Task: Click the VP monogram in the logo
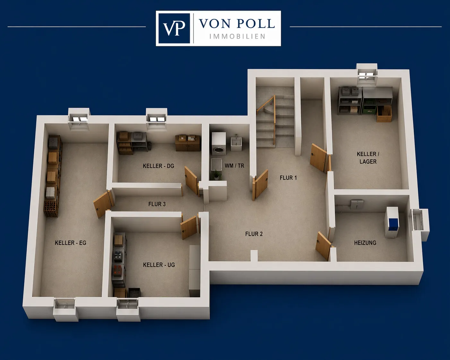pyautogui.click(x=174, y=28)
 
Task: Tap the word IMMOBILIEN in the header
pyautogui.click(x=237, y=37)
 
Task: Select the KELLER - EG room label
pyautogui.click(x=71, y=243)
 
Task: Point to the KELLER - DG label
pyautogui.click(x=158, y=166)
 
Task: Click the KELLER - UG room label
pyautogui.click(x=159, y=265)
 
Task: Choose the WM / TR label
pyautogui.click(x=234, y=166)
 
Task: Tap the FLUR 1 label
pyautogui.click(x=288, y=178)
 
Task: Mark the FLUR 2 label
pyautogui.click(x=254, y=234)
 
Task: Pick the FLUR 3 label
pyautogui.click(x=157, y=204)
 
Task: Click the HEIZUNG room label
pyautogui.click(x=365, y=243)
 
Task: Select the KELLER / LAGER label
pyautogui.click(x=368, y=158)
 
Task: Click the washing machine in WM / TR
pyautogui.click(x=219, y=144)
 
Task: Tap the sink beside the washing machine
pyautogui.click(x=236, y=143)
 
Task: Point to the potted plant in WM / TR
pyautogui.click(x=215, y=175)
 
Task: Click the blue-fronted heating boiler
pyautogui.click(x=392, y=222)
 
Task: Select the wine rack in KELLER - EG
pyautogui.click(x=51, y=209)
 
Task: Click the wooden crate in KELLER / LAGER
pyautogui.click(x=384, y=115)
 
